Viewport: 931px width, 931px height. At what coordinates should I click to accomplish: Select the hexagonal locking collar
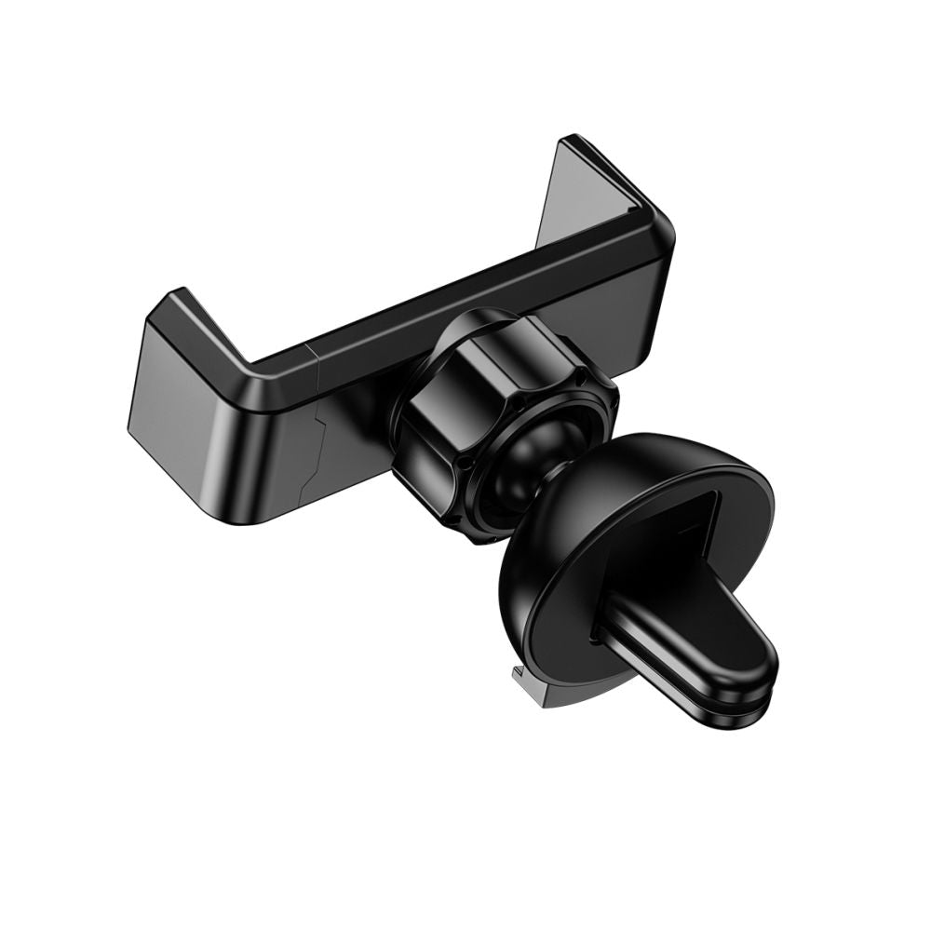coord(503,391)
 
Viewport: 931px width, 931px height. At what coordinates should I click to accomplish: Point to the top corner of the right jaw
coord(571,142)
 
